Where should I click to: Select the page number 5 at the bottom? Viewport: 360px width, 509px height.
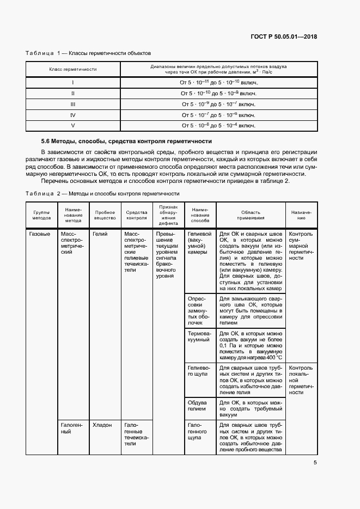(x=315, y=463)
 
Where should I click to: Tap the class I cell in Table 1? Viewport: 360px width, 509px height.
(x=72, y=82)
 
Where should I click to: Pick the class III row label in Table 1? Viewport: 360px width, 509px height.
(x=72, y=104)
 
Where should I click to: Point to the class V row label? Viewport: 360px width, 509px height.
(x=72, y=126)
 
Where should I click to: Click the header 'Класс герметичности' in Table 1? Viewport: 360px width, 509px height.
(x=72, y=69)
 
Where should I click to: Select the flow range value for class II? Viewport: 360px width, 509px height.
(x=218, y=93)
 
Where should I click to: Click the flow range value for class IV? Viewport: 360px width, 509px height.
(x=218, y=115)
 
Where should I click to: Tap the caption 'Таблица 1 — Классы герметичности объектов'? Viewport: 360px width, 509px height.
(x=88, y=53)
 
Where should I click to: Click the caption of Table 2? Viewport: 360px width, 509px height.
(x=103, y=193)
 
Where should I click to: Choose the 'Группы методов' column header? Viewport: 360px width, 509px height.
(x=41, y=214)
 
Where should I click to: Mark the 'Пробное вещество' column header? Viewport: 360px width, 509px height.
(x=105, y=214)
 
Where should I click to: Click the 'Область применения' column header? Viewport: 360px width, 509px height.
(x=251, y=214)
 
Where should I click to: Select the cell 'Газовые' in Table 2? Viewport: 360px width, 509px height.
(x=39, y=234)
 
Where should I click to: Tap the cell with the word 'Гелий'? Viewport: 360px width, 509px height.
(x=100, y=234)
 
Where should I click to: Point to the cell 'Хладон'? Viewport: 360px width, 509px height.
(x=102, y=425)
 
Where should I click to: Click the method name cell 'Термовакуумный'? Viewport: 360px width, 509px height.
(x=199, y=336)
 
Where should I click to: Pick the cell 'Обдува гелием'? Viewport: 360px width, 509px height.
(x=197, y=404)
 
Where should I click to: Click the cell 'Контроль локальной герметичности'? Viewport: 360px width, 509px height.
(x=301, y=379)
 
